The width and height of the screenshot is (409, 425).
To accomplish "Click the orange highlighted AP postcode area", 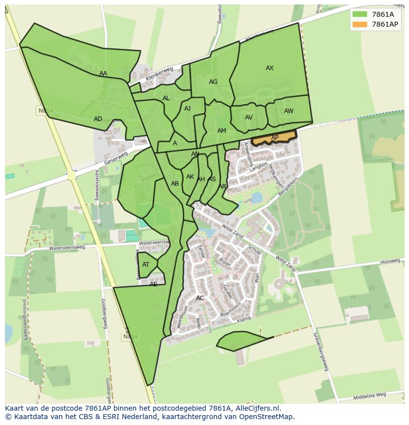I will (274, 138).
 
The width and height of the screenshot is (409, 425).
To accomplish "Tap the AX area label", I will (270, 68).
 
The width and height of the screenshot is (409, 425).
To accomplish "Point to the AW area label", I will (288, 111).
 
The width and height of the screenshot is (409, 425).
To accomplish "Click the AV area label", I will (249, 117).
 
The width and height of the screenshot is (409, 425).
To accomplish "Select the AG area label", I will (213, 82).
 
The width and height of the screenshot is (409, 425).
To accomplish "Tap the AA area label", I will (103, 74).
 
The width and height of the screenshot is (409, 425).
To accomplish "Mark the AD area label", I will (98, 119).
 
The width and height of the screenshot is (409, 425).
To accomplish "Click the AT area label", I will (146, 265).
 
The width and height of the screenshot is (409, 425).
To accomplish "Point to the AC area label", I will (200, 298).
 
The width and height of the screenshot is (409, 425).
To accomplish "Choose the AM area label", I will (222, 131).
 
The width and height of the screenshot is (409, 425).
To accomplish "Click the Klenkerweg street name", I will (159, 75).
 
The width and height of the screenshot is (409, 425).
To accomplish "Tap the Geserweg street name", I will (116, 158).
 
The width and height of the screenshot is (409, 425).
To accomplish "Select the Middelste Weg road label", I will (370, 395).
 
